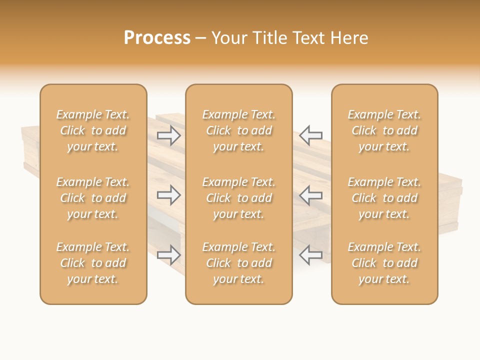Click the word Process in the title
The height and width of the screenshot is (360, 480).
tap(157, 38)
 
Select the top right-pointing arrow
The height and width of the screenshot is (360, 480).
tap(169, 135)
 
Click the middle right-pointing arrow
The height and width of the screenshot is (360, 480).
tap(169, 195)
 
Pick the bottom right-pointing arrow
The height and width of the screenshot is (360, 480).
tap(169, 255)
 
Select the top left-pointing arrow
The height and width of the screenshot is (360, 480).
tap(311, 135)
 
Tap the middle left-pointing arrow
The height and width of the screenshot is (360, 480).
tap(311, 195)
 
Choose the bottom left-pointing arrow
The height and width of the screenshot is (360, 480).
tap(311, 255)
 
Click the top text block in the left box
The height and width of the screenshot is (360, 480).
tap(93, 130)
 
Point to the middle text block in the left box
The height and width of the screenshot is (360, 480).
tap(93, 198)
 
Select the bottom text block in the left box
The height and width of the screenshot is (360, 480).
tap(93, 263)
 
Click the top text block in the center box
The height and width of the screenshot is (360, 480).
tap(238, 130)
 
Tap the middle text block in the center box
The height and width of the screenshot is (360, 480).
tap(238, 198)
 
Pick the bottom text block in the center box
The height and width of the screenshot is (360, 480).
tap(238, 263)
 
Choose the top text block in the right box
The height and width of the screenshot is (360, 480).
tap(384, 130)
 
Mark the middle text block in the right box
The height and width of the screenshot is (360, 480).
tap(384, 198)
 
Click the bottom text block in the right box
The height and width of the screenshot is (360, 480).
tap(384, 263)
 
